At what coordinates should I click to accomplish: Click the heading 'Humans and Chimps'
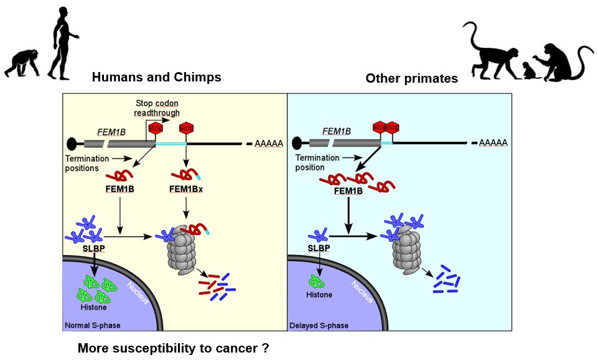[x=156, y=77]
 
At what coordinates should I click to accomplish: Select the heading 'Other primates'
[x=411, y=78]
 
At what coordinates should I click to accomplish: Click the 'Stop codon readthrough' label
[x=157, y=108]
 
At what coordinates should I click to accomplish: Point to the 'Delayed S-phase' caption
[x=319, y=325]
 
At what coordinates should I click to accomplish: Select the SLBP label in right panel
[x=319, y=247]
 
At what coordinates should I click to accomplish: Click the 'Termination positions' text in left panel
[x=83, y=163]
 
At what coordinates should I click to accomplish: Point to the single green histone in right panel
[x=319, y=281]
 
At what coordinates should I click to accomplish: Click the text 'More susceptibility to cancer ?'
[x=174, y=348]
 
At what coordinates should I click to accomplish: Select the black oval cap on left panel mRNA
[x=72, y=144]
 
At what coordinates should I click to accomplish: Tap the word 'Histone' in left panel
[x=95, y=308]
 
